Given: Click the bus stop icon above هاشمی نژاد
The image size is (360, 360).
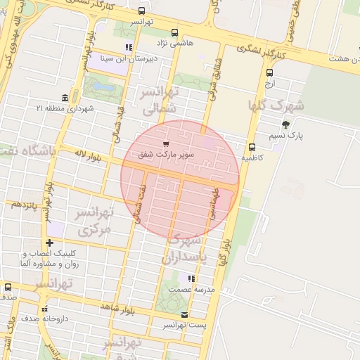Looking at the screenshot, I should [174, 32].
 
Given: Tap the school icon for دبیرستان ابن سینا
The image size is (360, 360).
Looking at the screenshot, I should [128, 48].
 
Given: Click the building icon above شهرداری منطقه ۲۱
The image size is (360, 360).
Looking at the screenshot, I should [65, 97].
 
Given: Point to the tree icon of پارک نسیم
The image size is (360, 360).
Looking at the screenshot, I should [285, 124].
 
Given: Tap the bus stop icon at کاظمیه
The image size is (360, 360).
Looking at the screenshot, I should [252, 147].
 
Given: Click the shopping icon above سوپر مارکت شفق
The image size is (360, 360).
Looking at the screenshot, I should [166, 143].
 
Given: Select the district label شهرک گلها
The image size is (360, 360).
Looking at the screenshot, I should [276, 106].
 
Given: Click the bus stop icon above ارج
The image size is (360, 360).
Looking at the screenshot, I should [270, 72].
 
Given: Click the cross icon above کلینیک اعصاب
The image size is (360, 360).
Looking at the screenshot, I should [49, 243].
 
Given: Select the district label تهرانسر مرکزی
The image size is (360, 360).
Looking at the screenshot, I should [94, 221].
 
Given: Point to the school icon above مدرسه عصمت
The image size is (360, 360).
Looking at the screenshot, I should [191, 278].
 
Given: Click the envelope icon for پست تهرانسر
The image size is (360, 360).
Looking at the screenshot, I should [184, 314].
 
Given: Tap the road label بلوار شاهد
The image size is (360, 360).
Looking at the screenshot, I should [117, 308].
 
